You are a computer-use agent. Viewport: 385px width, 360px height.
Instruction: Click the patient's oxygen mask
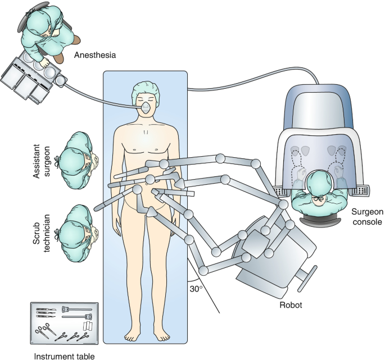click(146, 106)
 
